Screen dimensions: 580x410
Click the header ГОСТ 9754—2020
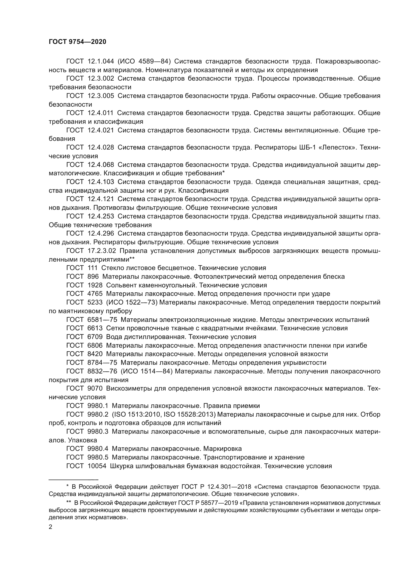point(77,42)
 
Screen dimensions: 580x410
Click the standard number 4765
point(95,294)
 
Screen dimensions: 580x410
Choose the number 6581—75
point(102,320)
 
